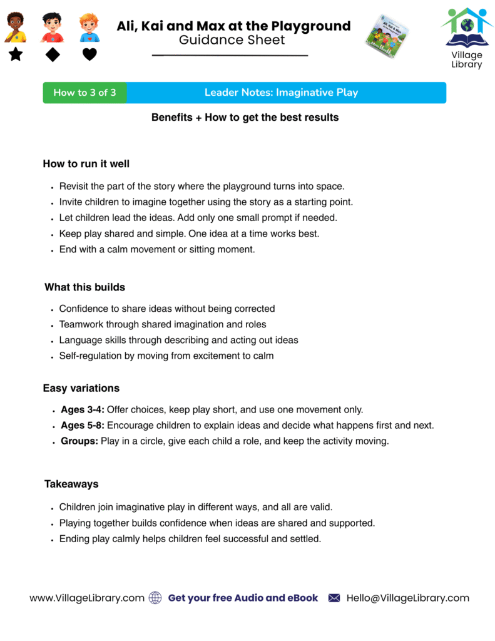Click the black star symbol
tap(16, 54)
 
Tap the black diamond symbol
tap(53, 54)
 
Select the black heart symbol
tap(90, 54)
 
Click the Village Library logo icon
tap(467, 28)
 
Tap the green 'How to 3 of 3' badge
tap(84, 93)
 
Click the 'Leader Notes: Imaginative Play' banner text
tap(281, 93)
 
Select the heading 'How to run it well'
tap(86, 164)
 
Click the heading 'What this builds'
tap(84, 287)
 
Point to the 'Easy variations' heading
tap(81, 388)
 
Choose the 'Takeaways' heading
tap(71, 484)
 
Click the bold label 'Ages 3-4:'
tap(83, 410)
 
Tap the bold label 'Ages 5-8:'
tap(83, 426)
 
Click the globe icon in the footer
tap(155, 598)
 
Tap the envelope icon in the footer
tap(334, 598)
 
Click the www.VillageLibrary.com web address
tap(87, 598)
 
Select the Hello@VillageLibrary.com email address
tap(407, 598)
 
